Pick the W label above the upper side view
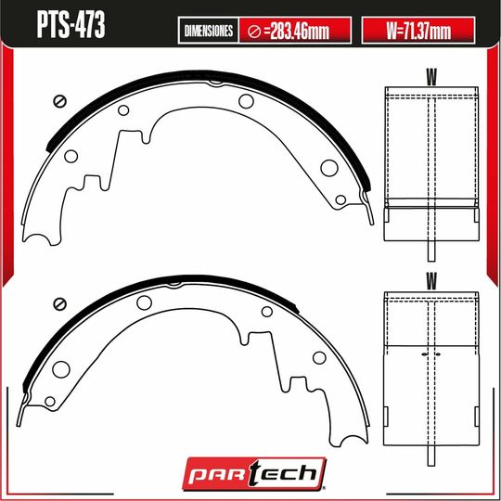pyautogui.click(x=432, y=74)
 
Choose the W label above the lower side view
pyautogui.click(x=432, y=278)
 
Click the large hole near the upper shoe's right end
pyautogui.click(x=328, y=168)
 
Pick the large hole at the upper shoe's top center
pyautogui.click(x=246, y=101)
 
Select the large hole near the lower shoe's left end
pyautogui.click(x=61, y=368)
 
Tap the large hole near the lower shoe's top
pyautogui.click(x=144, y=302)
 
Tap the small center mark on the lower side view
pyautogui.click(x=432, y=353)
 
